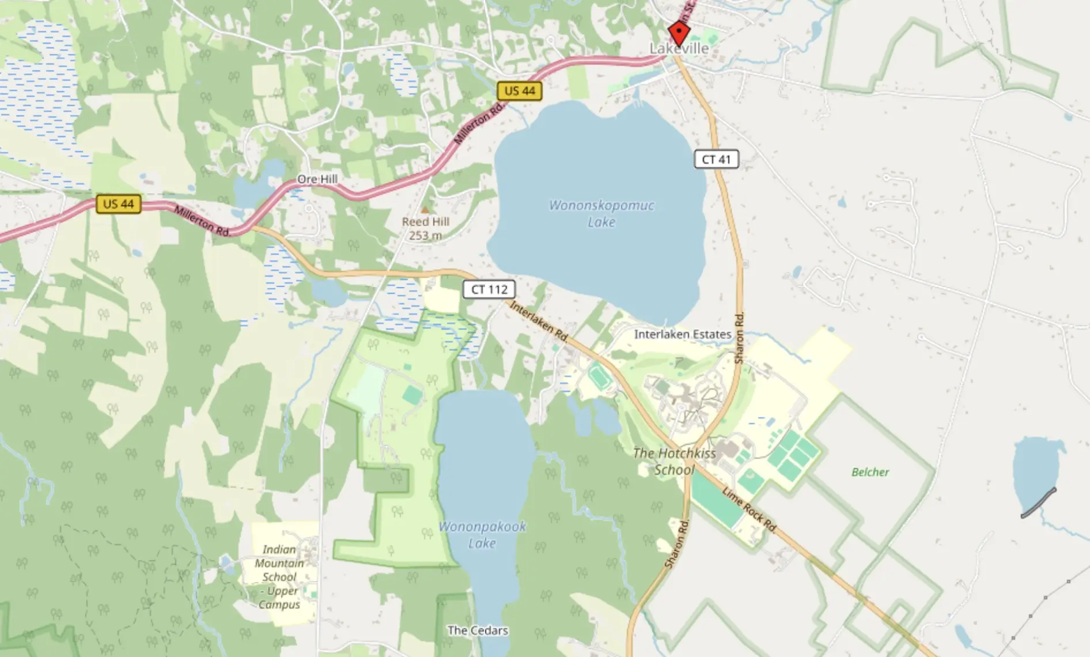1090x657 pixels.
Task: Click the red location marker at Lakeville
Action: [x=679, y=32]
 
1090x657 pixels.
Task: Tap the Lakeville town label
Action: [x=679, y=49]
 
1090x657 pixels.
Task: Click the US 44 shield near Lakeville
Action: [x=520, y=91]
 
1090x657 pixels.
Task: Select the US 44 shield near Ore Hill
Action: [x=119, y=204]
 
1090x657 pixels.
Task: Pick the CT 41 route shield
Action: [x=716, y=160]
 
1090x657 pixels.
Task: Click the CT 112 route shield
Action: [x=489, y=289]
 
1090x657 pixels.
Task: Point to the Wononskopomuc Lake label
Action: [x=601, y=213]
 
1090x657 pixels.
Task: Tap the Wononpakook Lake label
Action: [x=482, y=534]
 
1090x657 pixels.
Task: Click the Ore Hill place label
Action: [x=317, y=179]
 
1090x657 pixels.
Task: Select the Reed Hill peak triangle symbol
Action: [x=425, y=210]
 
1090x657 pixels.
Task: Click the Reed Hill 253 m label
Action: [x=426, y=228]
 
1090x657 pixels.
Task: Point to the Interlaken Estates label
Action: [x=683, y=334]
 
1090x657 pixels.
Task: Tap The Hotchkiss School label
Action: [x=675, y=462]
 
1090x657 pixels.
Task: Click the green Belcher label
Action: [x=870, y=472]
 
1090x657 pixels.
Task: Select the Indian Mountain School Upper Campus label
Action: [x=279, y=576]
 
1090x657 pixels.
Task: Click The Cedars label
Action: [x=478, y=630]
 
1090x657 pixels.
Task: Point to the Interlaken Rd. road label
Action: [x=539, y=320]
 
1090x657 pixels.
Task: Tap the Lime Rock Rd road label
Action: [x=749, y=510]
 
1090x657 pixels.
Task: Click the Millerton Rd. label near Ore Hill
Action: [x=202, y=221]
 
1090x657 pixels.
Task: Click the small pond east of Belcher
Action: [x=1035, y=473]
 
